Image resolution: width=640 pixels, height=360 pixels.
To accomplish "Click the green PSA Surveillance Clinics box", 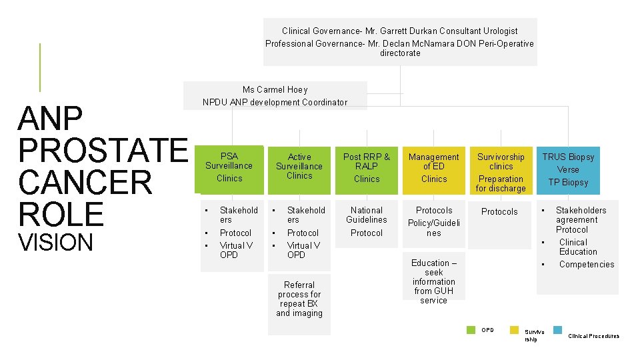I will [229, 167].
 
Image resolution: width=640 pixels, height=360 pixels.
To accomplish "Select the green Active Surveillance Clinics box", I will [299, 167].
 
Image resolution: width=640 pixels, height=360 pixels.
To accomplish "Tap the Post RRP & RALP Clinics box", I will [367, 167].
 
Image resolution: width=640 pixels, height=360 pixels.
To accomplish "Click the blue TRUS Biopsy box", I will [568, 169].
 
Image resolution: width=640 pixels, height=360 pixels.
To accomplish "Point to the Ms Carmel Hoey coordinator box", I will [275, 96].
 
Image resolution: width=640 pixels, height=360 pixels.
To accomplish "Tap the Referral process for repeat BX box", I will [299, 299].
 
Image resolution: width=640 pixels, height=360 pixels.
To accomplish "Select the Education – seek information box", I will [434, 281].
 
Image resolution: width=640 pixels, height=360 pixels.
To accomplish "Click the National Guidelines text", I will [367, 215].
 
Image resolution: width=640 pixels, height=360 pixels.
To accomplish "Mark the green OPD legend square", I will [471, 329].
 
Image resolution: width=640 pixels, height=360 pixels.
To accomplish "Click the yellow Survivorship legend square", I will [515, 329].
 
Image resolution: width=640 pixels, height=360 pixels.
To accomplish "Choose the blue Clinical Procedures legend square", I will [558, 329].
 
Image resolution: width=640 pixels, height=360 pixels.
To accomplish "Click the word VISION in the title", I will [56, 243].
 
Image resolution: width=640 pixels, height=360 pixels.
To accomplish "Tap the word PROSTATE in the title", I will [103, 151].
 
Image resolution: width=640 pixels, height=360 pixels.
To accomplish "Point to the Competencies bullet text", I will [587, 265].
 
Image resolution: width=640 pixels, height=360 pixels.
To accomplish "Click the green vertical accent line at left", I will [40, 67].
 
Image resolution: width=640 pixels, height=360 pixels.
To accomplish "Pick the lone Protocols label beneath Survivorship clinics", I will [499, 212].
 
